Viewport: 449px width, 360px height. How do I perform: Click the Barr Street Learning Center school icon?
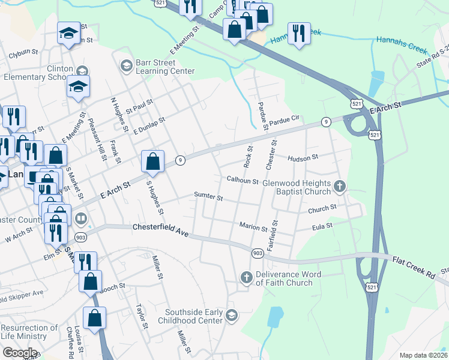[x=126, y=65]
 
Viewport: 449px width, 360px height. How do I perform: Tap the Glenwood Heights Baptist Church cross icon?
[x=340, y=187]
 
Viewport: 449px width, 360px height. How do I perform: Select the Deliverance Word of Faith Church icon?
[x=246, y=278]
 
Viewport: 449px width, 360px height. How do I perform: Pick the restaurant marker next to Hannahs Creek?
[x=298, y=32]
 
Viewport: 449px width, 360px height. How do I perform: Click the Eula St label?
[x=322, y=227]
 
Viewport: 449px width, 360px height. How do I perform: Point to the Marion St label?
[x=253, y=227]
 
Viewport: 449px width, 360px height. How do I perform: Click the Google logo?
[x=20, y=353]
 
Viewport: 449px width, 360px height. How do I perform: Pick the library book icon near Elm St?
[x=81, y=218]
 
